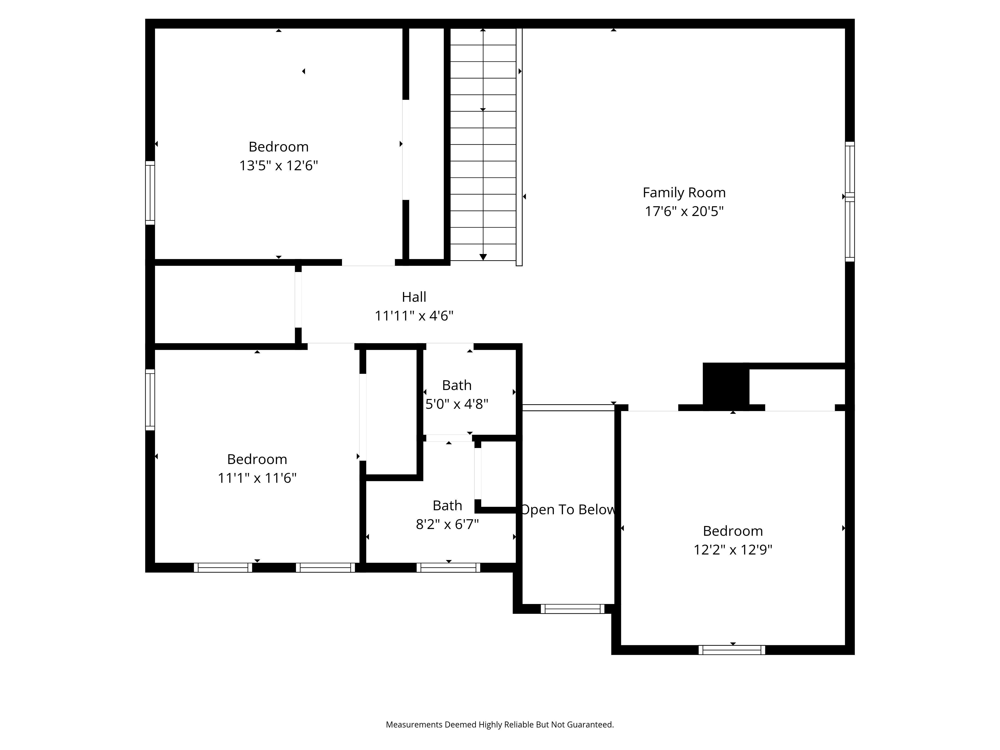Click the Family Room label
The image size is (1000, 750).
click(x=684, y=192)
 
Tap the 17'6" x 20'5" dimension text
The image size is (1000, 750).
click(x=684, y=211)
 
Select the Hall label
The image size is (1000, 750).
click(x=414, y=297)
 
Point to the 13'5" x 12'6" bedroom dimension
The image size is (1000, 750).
click(x=278, y=165)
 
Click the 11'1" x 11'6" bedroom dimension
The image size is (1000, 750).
click(x=257, y=478)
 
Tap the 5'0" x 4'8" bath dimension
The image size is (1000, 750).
click(x=456, y=404)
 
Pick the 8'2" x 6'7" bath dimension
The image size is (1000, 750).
click(x=447, y=524)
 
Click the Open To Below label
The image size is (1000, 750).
click(x=568, y=509)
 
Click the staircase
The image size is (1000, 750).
click(x=483, y=145)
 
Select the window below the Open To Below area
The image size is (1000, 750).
click(x=572, y=609)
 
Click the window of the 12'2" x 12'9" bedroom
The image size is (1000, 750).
click(x=732, y=650)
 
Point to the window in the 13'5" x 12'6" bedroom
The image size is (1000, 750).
click(x=150, y=192)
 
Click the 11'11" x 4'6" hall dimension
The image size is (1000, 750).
click(x=414, y=315)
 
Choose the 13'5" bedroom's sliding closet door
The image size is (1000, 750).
click(x=406, y=150)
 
